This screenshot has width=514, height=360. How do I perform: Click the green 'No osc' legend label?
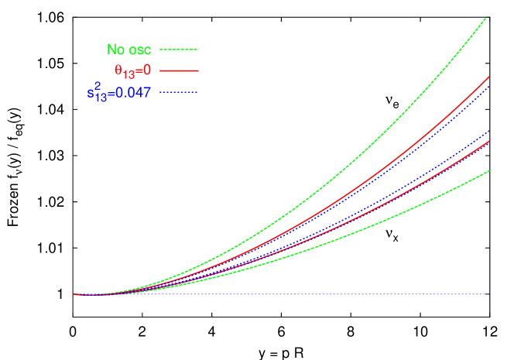click(128, 50)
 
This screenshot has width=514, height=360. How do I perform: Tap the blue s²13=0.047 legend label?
click(118, 93)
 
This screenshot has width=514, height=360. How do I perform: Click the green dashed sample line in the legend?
click(180, 50)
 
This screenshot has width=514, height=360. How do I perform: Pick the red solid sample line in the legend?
click(180, 70)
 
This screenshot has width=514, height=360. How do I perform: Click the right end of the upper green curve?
click(486, 18)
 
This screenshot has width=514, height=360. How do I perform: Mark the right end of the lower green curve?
click(488, 170)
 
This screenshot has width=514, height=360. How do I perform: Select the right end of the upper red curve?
click(488, 77)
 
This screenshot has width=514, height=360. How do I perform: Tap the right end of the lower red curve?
click(488, 142)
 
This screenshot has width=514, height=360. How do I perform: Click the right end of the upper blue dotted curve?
click(488, 85)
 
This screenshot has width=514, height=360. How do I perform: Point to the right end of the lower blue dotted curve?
click(488, 132)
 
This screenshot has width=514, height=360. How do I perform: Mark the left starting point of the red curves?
click(74, 295)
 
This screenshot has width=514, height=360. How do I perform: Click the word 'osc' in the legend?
click(139, 50)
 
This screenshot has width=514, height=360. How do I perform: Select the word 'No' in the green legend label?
click(115, 50)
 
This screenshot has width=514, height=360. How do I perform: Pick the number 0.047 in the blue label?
click(133, 93)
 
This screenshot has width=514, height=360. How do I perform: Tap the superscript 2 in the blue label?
click(98, 86)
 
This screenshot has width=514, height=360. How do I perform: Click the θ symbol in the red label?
click(118, 70)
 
